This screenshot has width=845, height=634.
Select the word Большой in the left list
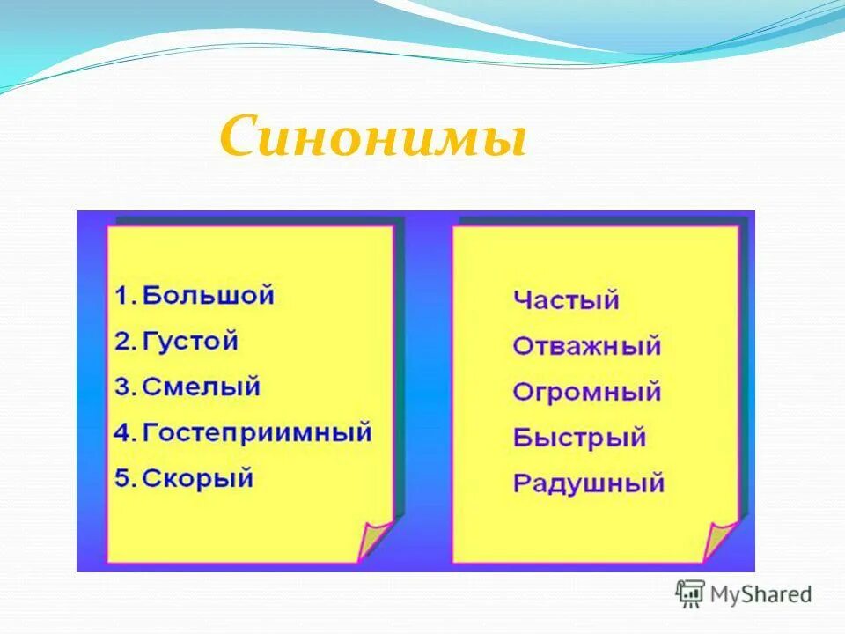pos(209,295)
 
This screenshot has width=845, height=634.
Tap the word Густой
pos(190,341)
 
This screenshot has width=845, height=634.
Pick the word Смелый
pos(202,387)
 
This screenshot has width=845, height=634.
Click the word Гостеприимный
pos(257,432)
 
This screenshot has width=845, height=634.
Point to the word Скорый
pos(197,478)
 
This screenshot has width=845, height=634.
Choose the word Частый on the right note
pos(566,300)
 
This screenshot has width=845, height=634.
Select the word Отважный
pos(586,346)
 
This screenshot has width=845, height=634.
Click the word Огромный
pos(586,392)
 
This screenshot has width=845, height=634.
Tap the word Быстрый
pos(579,438)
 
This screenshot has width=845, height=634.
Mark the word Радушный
pos(588,483)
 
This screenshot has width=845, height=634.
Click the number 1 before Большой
pos(122,296)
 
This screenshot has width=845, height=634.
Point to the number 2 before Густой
pos(122,342)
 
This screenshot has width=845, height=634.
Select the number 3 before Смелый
pos(122,387)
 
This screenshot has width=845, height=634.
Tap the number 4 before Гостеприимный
pos(122,433)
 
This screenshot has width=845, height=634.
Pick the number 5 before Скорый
pos(122,479)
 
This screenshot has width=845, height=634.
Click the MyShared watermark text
pos(763,594)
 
